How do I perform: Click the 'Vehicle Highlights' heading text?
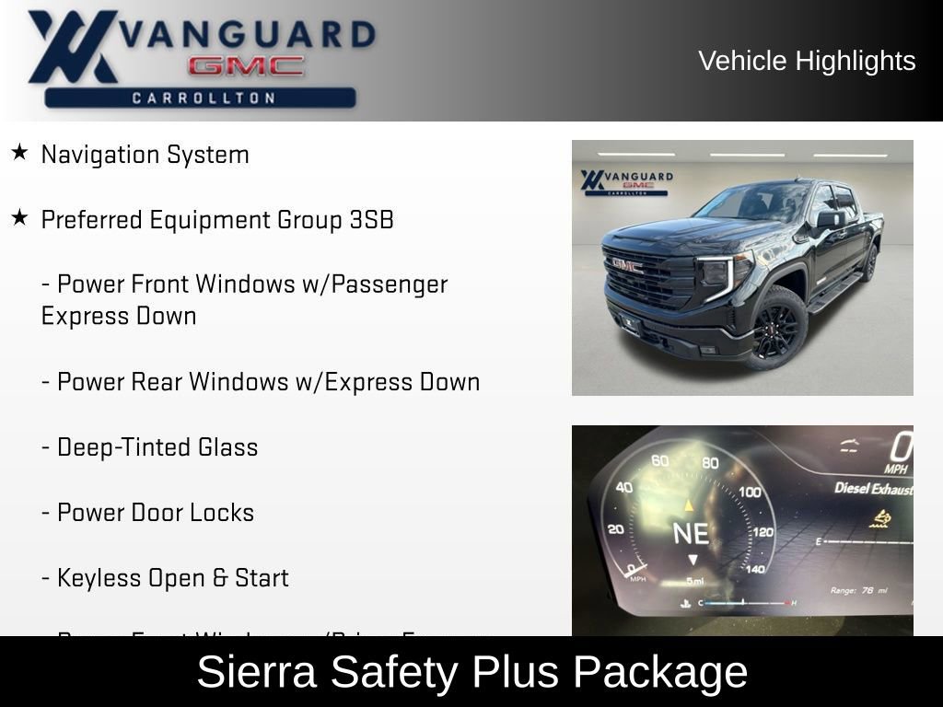[807, 61]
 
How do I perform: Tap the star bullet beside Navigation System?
[19, 153]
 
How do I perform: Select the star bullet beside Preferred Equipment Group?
[19, 218]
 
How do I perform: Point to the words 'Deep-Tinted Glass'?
[157, 447]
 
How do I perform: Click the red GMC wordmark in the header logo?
[246, 65]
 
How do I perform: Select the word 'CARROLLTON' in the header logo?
[204, 98]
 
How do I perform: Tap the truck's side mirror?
[830, 219]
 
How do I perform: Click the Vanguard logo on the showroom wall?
[626, 180]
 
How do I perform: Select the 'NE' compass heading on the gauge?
[691, 534]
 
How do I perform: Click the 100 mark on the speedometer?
[750, 493]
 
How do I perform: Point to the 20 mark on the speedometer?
[615, 529]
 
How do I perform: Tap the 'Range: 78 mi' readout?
[858, 590]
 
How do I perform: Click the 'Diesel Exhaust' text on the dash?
[873, 488]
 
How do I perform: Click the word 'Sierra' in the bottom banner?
[257, 672]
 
